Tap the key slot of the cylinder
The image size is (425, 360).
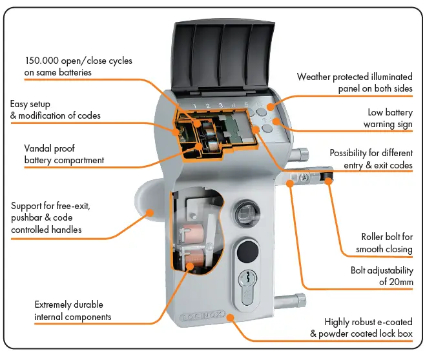pos(245,281)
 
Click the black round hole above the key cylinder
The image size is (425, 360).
pos(246,250)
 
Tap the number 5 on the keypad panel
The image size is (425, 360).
pos(246,105)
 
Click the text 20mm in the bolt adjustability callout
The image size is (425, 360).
pos(400,282)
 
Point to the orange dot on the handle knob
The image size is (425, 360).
pos(149,211)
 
